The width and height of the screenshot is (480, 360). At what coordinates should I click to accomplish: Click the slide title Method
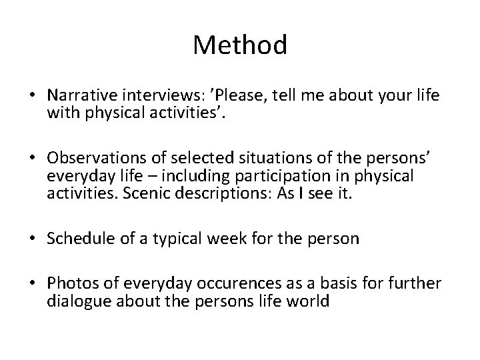(x=240, y=45)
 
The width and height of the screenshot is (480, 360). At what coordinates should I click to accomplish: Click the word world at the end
(x=313, y=301)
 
